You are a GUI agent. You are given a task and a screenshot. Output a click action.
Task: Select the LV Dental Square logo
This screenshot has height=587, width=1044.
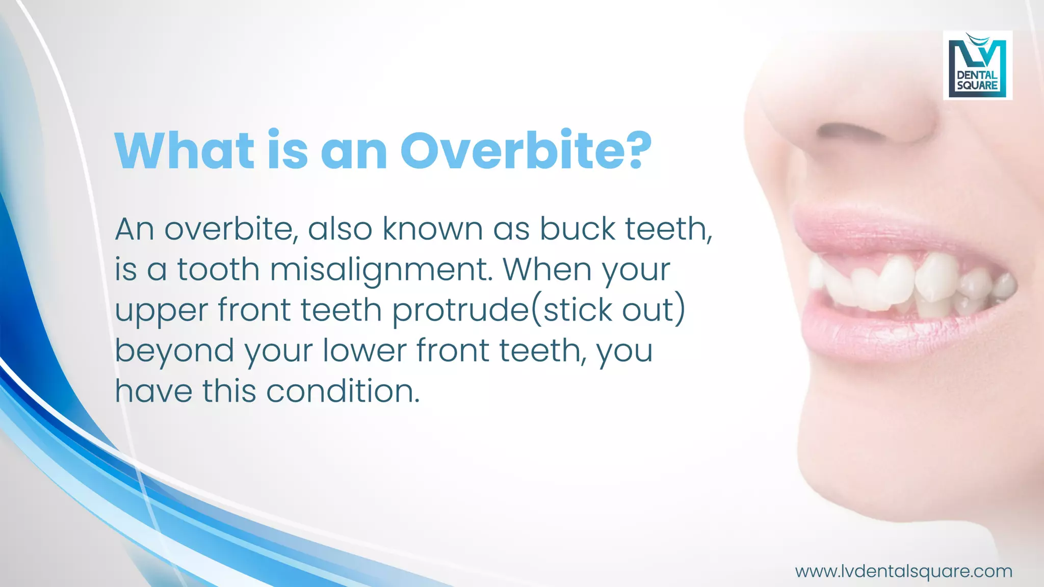tap(977, 65)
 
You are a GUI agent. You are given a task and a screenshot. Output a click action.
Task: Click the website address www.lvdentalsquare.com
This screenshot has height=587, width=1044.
tap(903, 571)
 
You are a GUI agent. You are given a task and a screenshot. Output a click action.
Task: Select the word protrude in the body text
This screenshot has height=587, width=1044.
tap(461, 310)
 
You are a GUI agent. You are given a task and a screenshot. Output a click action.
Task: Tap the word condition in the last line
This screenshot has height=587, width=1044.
tap(343, 391)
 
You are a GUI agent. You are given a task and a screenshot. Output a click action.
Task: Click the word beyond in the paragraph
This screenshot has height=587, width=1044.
tap(174, 351)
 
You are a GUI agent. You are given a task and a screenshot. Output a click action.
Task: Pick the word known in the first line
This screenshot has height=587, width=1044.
tap(433, 229)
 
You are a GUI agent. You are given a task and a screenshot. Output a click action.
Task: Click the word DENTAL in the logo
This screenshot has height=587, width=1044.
tap(977, 75)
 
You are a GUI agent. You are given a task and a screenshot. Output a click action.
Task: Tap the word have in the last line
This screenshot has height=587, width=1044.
tap(153, 391)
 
